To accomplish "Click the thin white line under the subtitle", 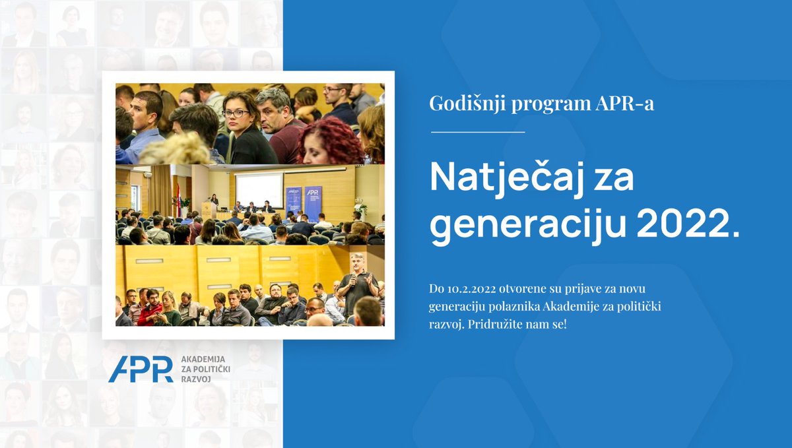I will (x=477, y=132).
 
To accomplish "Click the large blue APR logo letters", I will (x=141, y=369).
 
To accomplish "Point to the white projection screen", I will (x=259, y=190).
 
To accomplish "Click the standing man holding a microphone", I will (x=357, y=285).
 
